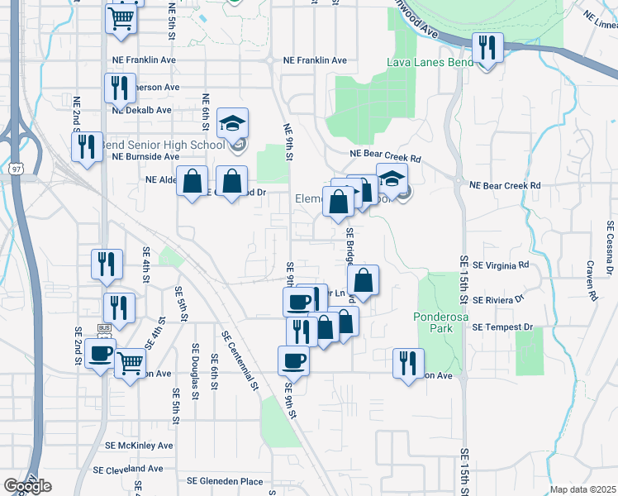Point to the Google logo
[x=27, y=486]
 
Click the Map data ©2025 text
[x=582, y=489]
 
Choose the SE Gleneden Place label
[x=225, y=481]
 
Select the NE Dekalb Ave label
[x=141, y=109]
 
